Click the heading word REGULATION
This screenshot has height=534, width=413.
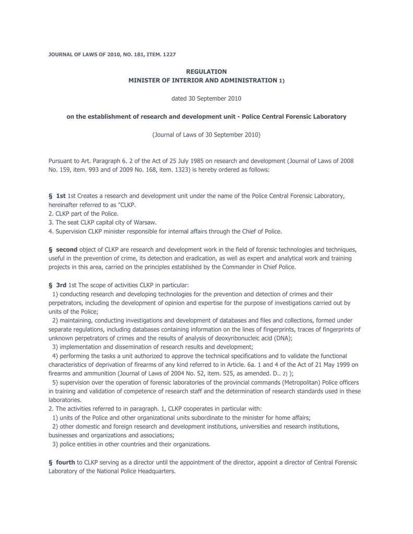click(x=206, y=71)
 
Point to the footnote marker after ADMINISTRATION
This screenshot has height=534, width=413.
click(x=281, y=81)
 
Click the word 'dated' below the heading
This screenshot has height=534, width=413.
click(x=179, y=98)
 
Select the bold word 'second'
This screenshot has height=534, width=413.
click(x=66, y=250)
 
